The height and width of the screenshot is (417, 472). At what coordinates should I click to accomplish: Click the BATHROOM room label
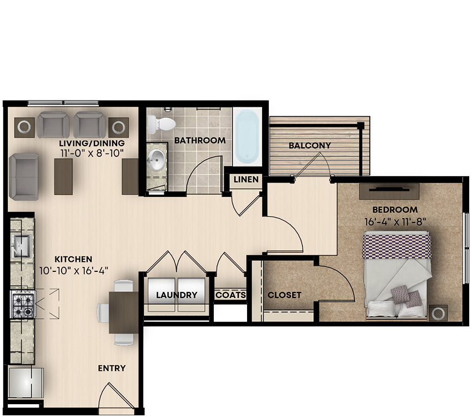click(200, 141)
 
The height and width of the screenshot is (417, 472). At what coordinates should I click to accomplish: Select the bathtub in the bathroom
click(247, 136)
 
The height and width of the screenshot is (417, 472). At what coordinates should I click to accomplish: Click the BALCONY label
click(310, 146)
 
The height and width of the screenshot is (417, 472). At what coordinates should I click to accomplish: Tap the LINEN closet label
click(246, 180)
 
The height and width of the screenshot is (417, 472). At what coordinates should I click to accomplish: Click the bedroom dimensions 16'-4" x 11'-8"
click(395, 222)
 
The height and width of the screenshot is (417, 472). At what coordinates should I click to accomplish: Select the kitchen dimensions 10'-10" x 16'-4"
click(74, 271)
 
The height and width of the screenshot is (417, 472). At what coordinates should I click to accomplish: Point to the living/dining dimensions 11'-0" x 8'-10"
click(92, 153)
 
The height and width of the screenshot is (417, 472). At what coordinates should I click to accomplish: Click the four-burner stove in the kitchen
click(23, 304)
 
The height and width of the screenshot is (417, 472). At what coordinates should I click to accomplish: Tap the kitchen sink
click(21, 246)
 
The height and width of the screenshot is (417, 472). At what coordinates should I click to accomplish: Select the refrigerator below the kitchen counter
click(26, 383)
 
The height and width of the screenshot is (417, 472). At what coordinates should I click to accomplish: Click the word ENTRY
click(112, 368)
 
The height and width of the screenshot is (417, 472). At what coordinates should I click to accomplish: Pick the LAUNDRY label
click(177, 295)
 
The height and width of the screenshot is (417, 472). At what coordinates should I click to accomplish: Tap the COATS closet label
click(230, 295)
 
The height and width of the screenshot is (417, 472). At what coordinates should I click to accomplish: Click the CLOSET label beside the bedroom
click(284, 295)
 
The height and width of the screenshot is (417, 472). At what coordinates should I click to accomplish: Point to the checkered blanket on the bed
click(396, 247)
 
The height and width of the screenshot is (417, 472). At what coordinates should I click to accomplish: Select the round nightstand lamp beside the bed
click(438, 314)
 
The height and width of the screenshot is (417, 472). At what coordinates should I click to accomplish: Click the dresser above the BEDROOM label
click(389, 191)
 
